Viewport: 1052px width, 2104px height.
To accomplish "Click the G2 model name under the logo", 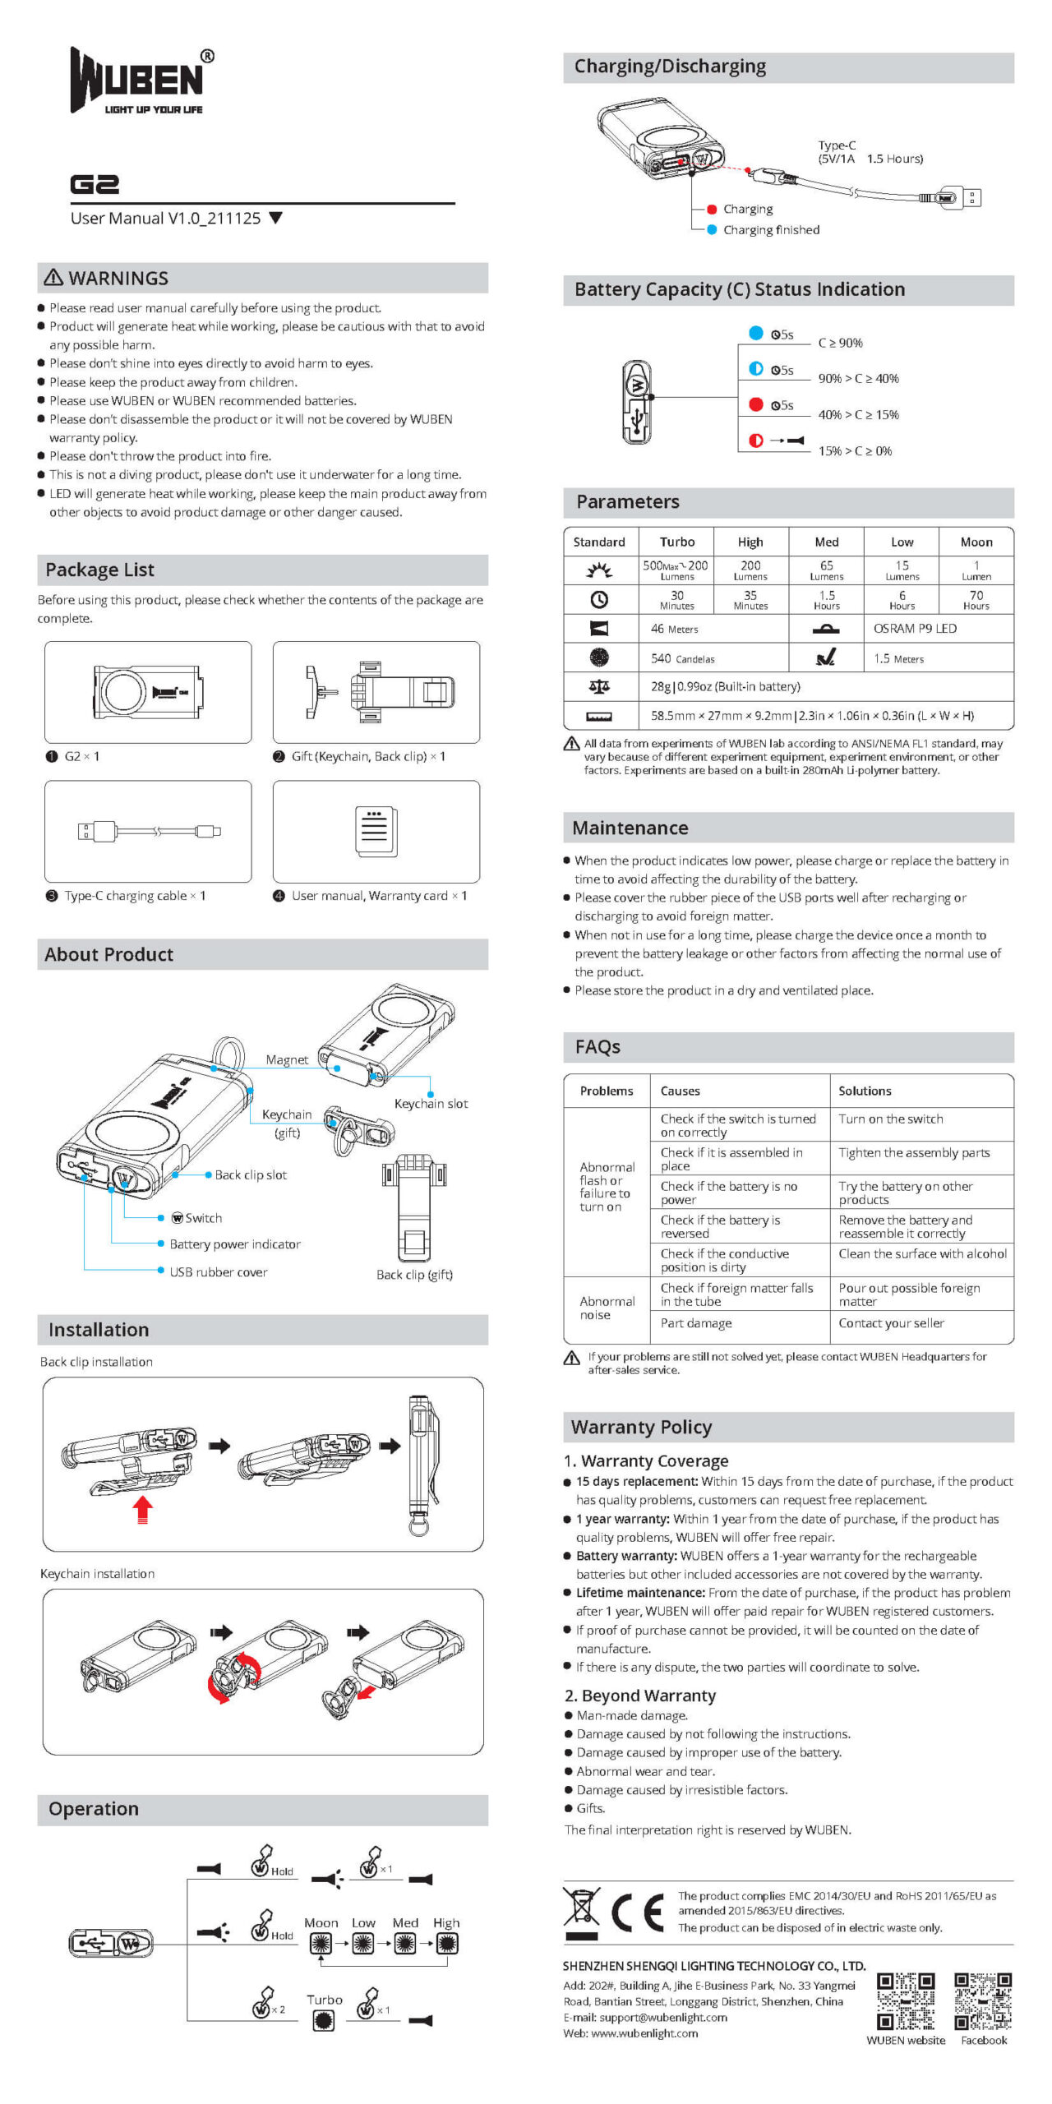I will [95, 184].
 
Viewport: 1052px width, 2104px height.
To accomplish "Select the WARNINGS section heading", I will [107, 279].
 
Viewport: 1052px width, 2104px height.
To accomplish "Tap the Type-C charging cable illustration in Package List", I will [149, 831].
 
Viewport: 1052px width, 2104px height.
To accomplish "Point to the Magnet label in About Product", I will [287, 1060].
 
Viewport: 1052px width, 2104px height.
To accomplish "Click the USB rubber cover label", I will [218, 1272].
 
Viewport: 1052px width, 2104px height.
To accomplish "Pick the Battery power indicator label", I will [235, 1244].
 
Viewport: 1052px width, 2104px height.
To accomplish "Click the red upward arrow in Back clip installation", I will [143, 1510].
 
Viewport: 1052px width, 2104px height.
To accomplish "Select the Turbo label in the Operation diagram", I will [324, 2000].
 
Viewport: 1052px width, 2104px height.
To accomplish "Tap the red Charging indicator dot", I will [712, 210].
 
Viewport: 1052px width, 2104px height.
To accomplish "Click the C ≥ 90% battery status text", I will [840, 343].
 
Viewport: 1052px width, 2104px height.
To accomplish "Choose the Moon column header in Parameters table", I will [976, 542].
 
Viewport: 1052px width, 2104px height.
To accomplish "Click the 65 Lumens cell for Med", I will [826, 570].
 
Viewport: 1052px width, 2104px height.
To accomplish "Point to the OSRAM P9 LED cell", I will [915, 629].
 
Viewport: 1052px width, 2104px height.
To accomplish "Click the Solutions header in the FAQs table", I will [865, 1091].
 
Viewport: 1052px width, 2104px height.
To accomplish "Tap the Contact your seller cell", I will [891, 1323].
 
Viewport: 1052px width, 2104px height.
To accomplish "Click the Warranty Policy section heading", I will [641, 1427].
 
